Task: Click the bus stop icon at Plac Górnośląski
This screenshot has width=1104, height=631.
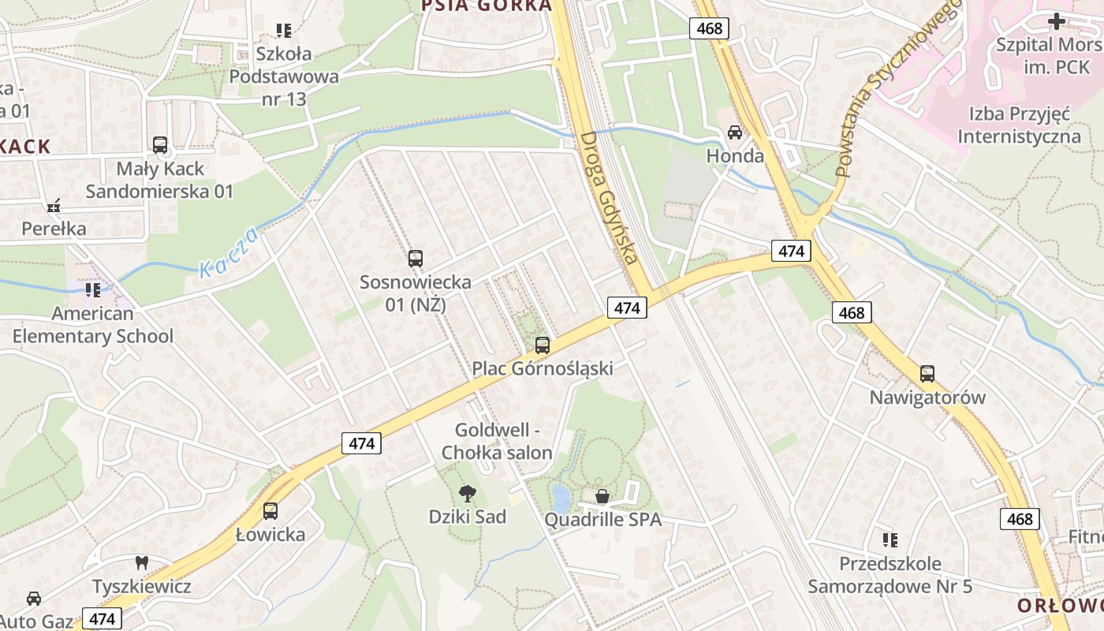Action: (x=542, y=345)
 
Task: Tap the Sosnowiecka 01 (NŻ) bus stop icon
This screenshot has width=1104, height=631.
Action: (x=415, y=258)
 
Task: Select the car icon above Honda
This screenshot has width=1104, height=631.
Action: (x=735, y=133)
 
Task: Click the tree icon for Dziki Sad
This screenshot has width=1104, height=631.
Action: (x=468, y=494)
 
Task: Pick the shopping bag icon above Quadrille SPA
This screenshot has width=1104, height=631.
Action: (x=602, y=496)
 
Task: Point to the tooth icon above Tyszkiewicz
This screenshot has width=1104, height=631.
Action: (x=142, y=563)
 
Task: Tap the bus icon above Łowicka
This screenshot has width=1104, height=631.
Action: (x=270, y=510)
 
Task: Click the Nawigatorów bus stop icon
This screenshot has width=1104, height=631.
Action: (x=927, y=374)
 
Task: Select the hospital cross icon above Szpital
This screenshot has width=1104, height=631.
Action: (x=1056, y=21)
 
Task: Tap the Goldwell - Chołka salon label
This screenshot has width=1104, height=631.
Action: (x=497, y=442)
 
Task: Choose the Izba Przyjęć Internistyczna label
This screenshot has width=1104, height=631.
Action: (x=1019, y=125)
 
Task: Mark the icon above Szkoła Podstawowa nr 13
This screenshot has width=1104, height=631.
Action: (x=284, y=31)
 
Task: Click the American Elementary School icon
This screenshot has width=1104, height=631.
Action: (x=93, y=290)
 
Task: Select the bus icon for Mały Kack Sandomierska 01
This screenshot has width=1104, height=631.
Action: (x=160, y=145)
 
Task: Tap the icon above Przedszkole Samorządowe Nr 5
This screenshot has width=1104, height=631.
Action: (x=890, y=540)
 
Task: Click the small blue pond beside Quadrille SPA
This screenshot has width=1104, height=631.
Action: (x=560, y=498)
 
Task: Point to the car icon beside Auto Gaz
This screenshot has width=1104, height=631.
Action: (x=34, y=599)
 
